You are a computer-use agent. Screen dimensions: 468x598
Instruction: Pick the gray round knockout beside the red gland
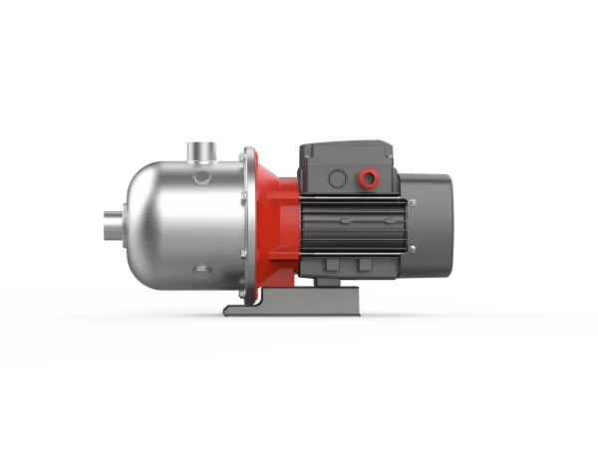[x=338, y=178]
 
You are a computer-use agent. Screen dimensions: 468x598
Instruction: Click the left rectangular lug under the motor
[x=331, y=264]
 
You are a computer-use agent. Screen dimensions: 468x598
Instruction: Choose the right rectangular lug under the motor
[x=365, y=264]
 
